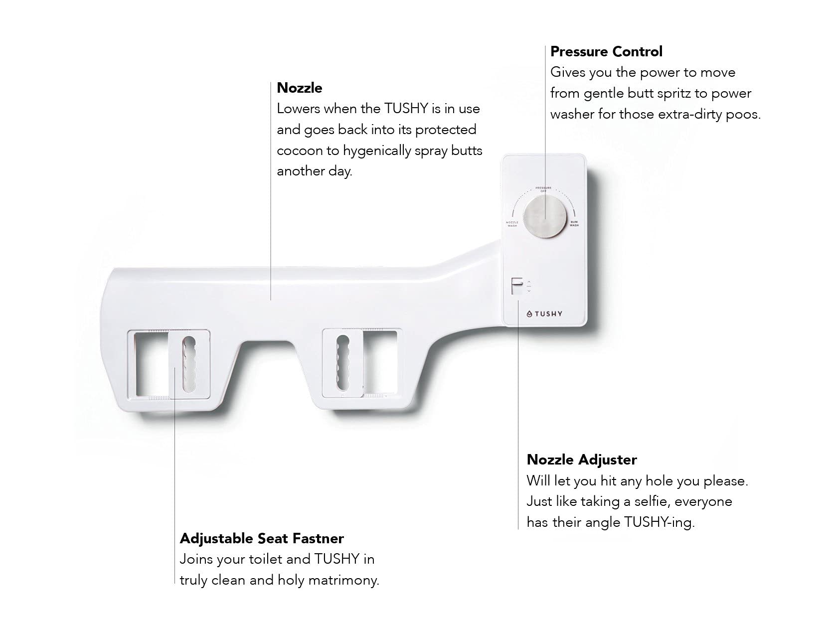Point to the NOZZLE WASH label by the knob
coord(512,224)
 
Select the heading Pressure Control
coord(606,51)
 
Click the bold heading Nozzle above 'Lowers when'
coord(299,88)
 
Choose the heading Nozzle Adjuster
coord(581,460)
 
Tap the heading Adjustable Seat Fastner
coord(262,539)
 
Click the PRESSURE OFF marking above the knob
coord(543,189)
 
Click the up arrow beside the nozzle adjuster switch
coord(529,283)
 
